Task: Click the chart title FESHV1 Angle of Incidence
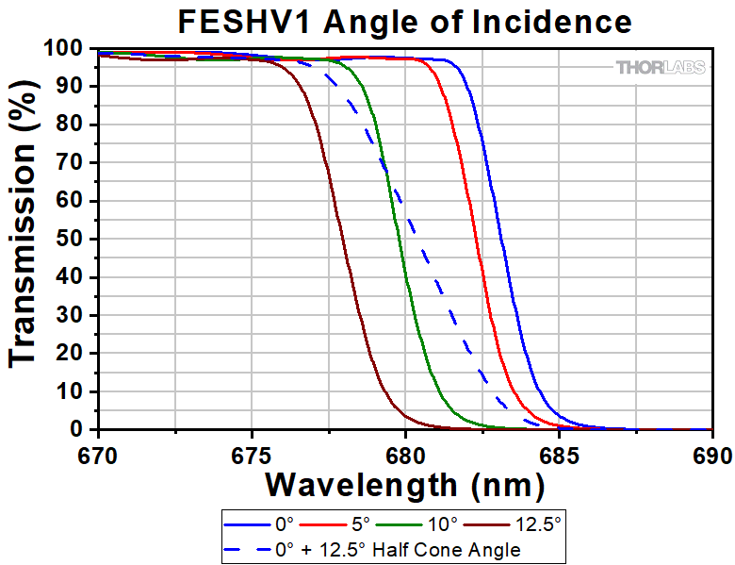click(x=405, y=21)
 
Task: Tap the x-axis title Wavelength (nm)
click(x=404, y=485)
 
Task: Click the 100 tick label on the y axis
click(x=68, y=48)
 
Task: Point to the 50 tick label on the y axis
click(x=73, y=240)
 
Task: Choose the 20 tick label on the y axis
click(x=73, y=354)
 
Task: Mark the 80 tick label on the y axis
click(x=73, y=125)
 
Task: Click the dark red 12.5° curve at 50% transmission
click(x=343, y=239)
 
